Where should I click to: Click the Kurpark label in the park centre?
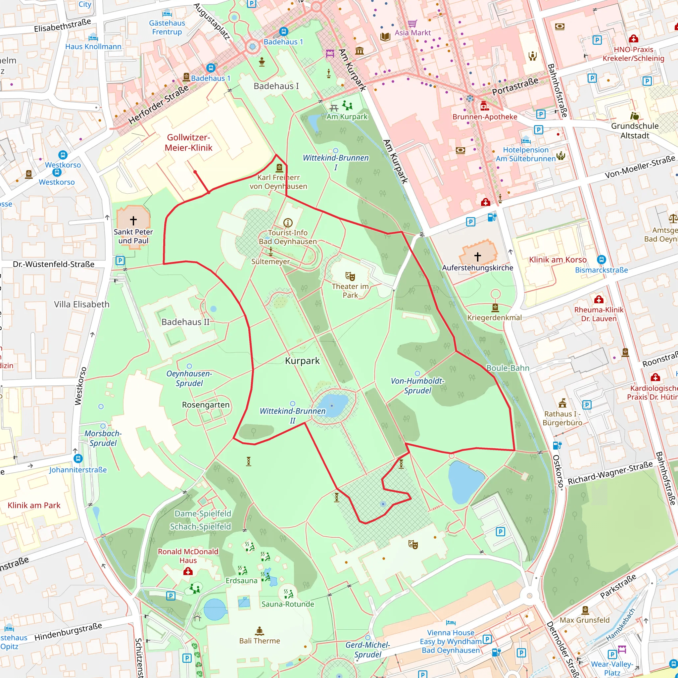pyautogui.click(x=302, y=361)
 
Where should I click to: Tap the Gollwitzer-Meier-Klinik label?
pyautogui.click(x=188, y=142)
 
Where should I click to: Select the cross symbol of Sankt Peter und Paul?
pyautogui.click(x=133, y=220)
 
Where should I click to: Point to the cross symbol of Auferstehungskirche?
pyautogui.click(x=477, y=257)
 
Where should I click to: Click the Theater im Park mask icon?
pyautogui.click(x=350, y=276)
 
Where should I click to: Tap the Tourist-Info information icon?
pyautogui.click(x=288, y=222)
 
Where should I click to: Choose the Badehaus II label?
pyautogui.click(x=185, y=322)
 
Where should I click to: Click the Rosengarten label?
pyautogui.click(x=206, y=405)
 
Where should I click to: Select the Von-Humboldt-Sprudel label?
pyautogui.click(x=417, y=386)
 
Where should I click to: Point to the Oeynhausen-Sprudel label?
pyautogui.click(x=189, y=378)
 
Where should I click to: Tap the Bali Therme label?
pyautogui.click(x=260, y=641)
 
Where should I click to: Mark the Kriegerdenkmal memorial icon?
pyautogui.click(x=495, y=308)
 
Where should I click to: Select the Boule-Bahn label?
pyautogui.click(x=508, y=368)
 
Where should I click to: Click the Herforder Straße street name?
pyautogui.click(x=158, y=105)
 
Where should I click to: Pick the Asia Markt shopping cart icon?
pyautogui.click(x=412, y=24)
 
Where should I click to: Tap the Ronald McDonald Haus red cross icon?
pyautogui.click(x=188, y=572)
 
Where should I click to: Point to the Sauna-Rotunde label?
pyautogui.click(x=288, y=604)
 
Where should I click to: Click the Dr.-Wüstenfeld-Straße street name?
pyautogui.click(x=54, y=264)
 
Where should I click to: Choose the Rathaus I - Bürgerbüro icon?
pyautogui.click(x=562, y=403)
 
